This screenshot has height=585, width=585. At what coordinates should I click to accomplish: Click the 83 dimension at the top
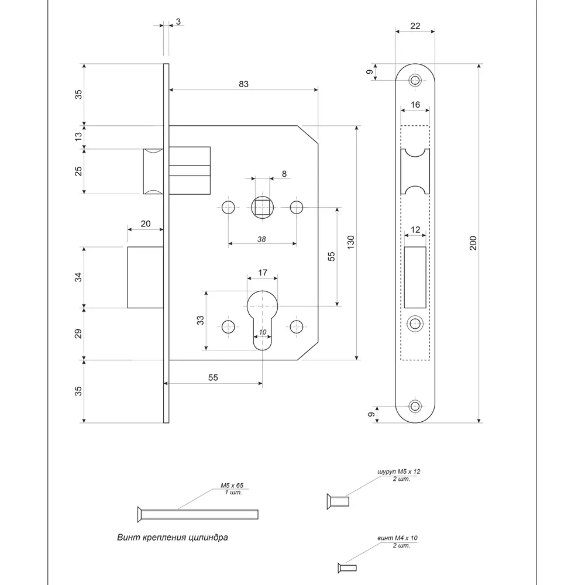(243, 84)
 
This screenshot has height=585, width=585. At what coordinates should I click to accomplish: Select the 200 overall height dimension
(473, 243)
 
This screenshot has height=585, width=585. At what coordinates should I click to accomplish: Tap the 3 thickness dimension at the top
(178, 22)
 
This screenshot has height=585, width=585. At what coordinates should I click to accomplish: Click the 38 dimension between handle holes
(261, 239)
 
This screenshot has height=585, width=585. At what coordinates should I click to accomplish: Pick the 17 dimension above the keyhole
(263, 272)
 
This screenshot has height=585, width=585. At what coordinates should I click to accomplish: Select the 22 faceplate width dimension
(415, 26)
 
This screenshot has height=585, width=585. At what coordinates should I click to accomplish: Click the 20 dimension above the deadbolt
(145, 223)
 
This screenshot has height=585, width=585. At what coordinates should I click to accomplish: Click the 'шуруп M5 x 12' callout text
(400, 470)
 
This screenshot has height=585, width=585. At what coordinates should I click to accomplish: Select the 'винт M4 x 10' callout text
(398, 538)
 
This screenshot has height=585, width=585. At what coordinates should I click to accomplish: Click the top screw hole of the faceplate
(415, 80)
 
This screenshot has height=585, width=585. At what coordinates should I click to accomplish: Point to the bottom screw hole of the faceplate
(415, 405)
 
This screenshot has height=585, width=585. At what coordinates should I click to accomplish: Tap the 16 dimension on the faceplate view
(415, 104)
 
